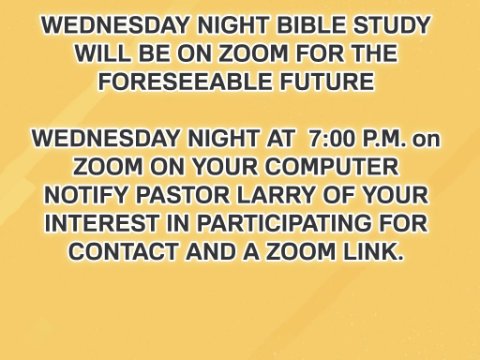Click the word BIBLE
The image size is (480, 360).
pyautogui.click(x=312, y=25)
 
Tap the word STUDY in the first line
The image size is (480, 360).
pyautogui.click(x=392, y=25)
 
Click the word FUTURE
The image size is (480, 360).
pyautogui.click(x=327, y=82)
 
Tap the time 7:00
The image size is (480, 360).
pyautogui.click(x=332, y=138)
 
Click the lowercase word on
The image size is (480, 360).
pyautogui.click(x=427, y=140)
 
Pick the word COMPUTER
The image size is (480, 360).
pyautogui.click(x=332, y=167)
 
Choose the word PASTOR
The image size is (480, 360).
pyautogui.click(x=183, y=195)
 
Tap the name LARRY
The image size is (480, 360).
pyautogui.click(x=276, y=195)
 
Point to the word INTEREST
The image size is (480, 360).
pyautogui.click(x=102, y=223)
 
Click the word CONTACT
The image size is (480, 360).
pyautogui.click(x=123, y=252)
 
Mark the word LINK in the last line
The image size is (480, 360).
pyautogui.click(x=373, y=252)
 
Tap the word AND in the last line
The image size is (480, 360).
pyautogui.click(x=211, y=252)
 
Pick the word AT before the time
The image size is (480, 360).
pyautogui.click(x=281, y=138)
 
